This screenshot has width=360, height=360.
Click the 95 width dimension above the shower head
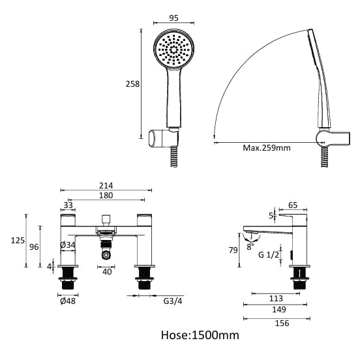tap(174, 19)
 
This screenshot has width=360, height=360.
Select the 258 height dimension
tap(132, 83)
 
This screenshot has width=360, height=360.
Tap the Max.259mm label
tap(267, 148)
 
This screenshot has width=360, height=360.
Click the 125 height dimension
tap(18, 241)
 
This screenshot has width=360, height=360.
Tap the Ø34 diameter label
tap(67, 245)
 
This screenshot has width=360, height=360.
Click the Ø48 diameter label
tap(67, 302)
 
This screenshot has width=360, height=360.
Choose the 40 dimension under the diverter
tap(107, 271)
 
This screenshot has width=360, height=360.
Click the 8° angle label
tap(250, 247)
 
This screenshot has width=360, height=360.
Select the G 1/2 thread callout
tap(269, 255)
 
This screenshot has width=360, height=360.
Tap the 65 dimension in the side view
tap(293, 205)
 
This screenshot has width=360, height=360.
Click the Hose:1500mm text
tap(200, 335)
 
